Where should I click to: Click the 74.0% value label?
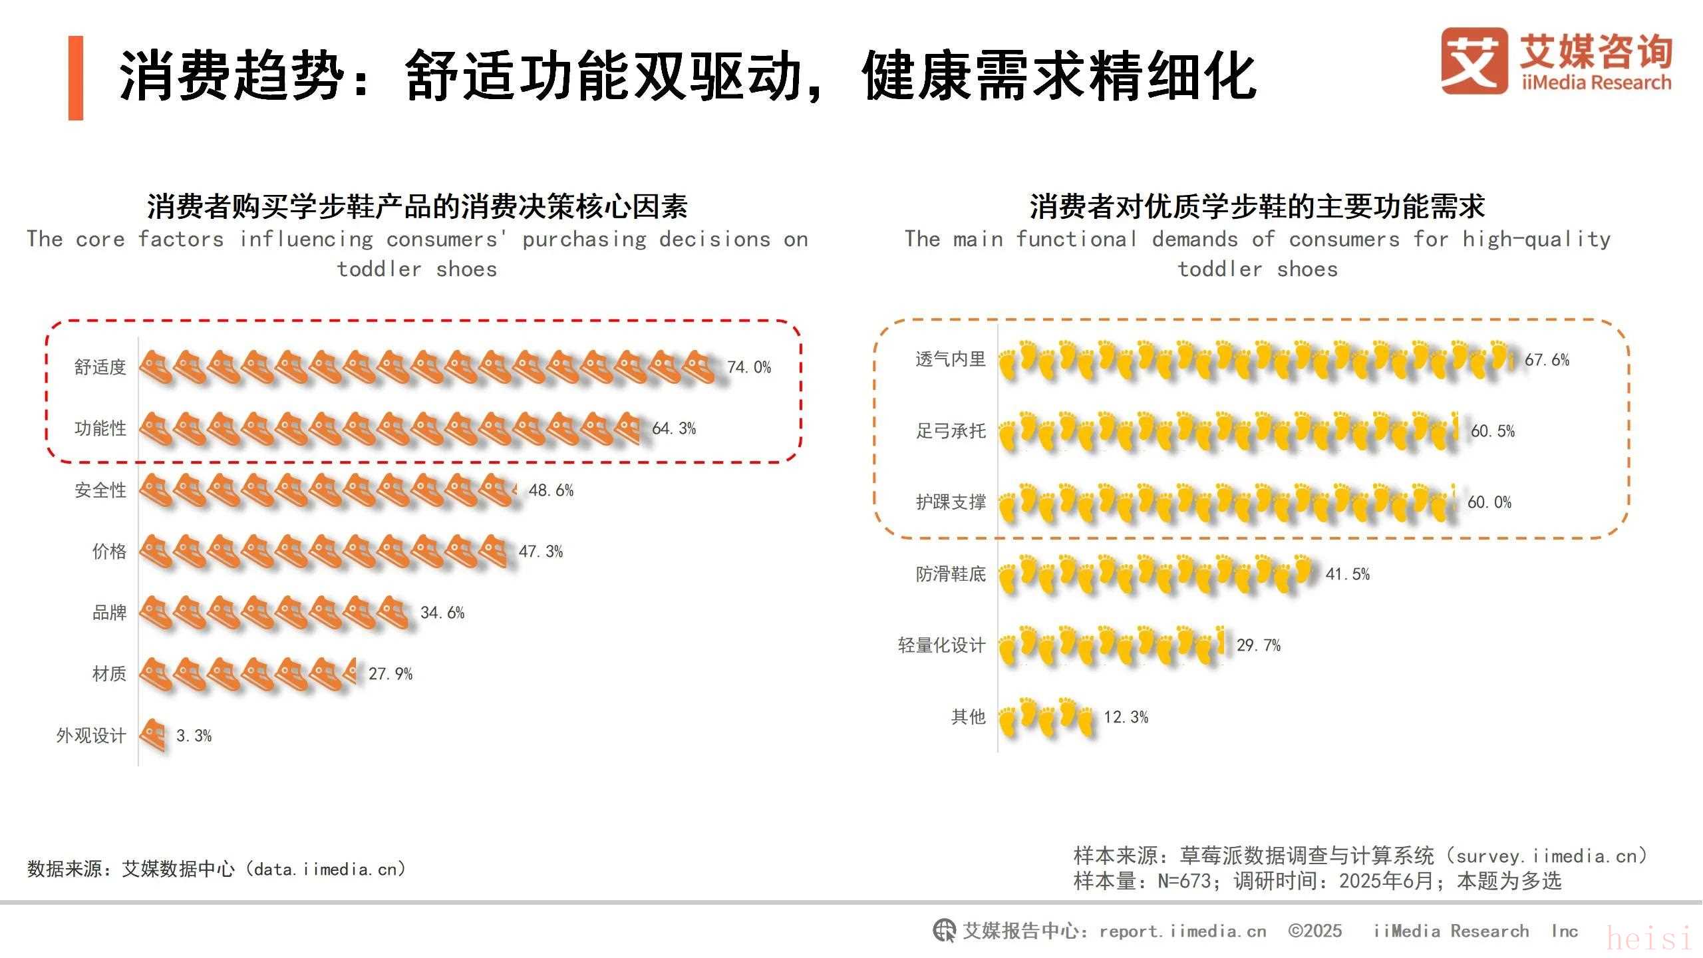coord(749,367)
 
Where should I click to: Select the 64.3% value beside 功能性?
coord(674,428)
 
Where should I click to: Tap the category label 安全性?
coord(100,490)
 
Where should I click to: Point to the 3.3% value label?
coord(194,736)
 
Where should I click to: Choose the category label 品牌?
coord(109,613)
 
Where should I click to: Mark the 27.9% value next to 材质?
coord(390,674)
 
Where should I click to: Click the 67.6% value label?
coord(1547,360)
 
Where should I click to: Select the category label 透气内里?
coord(951,359)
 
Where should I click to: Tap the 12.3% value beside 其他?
coord(1126,717)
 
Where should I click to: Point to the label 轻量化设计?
coord(941,645)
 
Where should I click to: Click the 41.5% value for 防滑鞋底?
coord(1347,574)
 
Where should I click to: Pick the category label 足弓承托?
coord(951,431)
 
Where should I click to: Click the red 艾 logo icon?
coord(1474,61)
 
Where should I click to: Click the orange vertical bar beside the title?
coord(76,78)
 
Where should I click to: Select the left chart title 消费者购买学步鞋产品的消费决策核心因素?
coord(417,207)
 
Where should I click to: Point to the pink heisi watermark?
coord(1649,939)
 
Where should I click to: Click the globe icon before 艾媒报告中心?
coord(944,930)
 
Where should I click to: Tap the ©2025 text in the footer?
coord(1315,931)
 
